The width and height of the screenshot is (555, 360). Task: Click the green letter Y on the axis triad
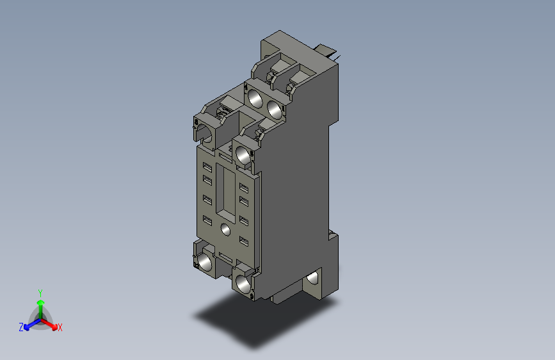click(x=40, y=291)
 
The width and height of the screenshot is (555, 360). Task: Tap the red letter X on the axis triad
click(x=60, y=327)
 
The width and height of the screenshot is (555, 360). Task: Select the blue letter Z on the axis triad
click(x=21, y=327)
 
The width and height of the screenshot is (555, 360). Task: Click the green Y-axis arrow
click(x=40, y=304)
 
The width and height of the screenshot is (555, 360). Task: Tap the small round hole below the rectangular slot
click(x=225, y=229)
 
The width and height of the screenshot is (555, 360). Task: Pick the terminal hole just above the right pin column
click(x=243, y=154)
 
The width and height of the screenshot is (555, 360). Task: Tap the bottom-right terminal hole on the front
click(x=243, y=282)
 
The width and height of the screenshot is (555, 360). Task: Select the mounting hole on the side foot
click(x=313, y=277)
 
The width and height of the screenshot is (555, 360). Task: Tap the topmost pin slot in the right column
click(x=243, y=187)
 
